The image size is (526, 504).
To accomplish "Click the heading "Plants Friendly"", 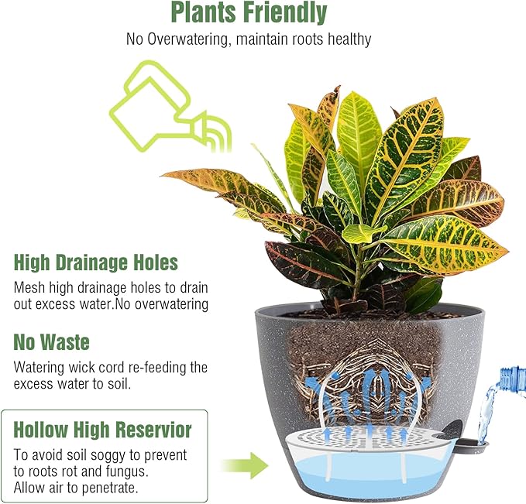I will (249, 13).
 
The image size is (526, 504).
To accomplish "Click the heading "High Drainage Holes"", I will (96, 262).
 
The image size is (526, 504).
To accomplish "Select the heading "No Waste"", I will (51, 341).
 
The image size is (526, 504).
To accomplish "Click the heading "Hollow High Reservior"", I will (103, 428).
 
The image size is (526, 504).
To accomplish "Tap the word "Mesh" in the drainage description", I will (30, 287).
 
